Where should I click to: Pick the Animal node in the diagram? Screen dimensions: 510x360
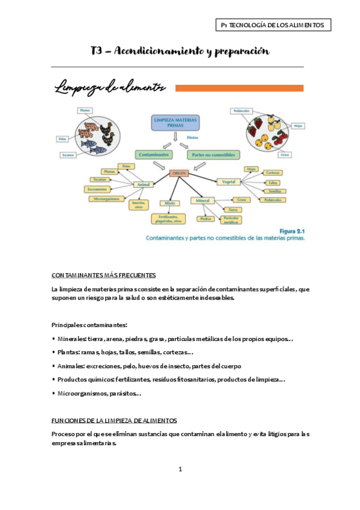point(144,185)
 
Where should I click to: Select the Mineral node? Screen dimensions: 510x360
point(202,200)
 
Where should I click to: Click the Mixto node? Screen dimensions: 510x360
point(169,203)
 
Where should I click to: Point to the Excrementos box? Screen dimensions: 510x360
point(101,189)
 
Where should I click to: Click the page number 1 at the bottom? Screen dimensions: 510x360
point(180,469)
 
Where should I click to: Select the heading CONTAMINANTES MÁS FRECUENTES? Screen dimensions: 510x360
point(104,275)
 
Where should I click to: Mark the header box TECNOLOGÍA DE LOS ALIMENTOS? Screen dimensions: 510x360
point(273,25)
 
